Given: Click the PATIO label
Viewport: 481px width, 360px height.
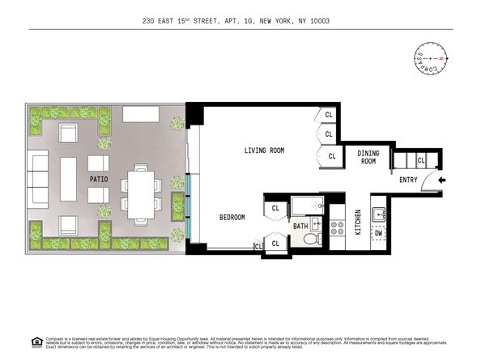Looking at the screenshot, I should point(100,180).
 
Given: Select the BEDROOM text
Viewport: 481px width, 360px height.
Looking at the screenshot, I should point(232,218).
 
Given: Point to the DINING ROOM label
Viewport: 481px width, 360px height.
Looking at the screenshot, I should point(368,157).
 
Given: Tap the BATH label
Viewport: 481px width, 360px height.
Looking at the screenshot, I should point(300,227).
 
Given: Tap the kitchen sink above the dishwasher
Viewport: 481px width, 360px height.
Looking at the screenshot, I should point(377,214).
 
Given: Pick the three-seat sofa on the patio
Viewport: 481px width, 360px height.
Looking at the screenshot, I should point(38,180).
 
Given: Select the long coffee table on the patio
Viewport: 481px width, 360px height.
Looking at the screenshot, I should point(68,180).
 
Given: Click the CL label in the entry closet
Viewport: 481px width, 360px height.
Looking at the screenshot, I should point(420,162).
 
